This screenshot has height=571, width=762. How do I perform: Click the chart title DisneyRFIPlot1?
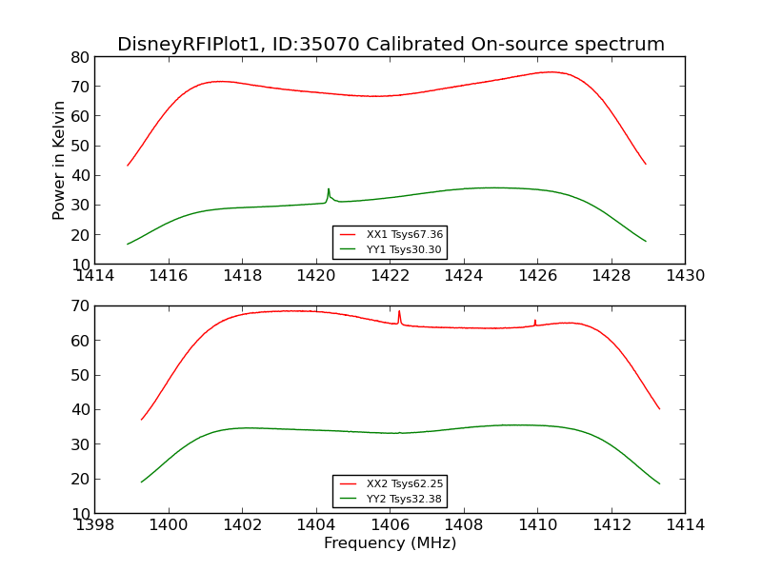pyautogui.click(x=391, y=45)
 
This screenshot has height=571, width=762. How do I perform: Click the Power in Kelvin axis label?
pyautogui.click(x=59, y=160)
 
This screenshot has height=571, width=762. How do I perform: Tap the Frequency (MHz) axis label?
pyautogui.click(x=390, y=543)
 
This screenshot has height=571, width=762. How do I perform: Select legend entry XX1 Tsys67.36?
pyautogui.click(x=391, y=234)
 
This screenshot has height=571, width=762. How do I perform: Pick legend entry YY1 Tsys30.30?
pyautogui.click(x=391, y=249)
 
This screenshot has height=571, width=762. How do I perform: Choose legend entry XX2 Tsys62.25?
pyautogui.click(x=391, y=483)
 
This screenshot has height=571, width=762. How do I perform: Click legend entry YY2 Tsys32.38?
pyautogui.click(x=391, y=499)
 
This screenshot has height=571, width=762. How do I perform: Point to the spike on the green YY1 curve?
pyautogui.click(x=329, y=190)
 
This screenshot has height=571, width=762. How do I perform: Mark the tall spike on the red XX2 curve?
pyautogui.click(x=399, y=312)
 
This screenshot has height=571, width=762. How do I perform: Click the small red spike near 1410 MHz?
pyautogui.click(x=535, y=322)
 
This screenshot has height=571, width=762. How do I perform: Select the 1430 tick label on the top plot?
pyautogui.click(x=685, y=276)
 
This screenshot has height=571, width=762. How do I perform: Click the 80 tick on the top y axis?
pyautogui.click(x=79, y=57)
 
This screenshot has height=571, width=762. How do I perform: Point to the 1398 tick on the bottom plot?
pyautogui.click(x=94, y=525)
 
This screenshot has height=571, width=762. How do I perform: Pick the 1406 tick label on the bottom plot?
pyautogui.click(x=390, y=525)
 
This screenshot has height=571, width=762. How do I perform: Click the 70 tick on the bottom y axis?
pyautogui.click(x=79, y=306)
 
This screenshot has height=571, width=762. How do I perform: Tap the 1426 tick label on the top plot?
pyautogui.click(x=537, y=276)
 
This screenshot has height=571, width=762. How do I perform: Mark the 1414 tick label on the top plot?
pyautogui.click(x=94, y=276)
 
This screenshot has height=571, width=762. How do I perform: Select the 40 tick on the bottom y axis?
pyautogui.click(x=79, y=410)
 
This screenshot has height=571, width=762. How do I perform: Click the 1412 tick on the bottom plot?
pyautogui.click(x=611, y=525)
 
